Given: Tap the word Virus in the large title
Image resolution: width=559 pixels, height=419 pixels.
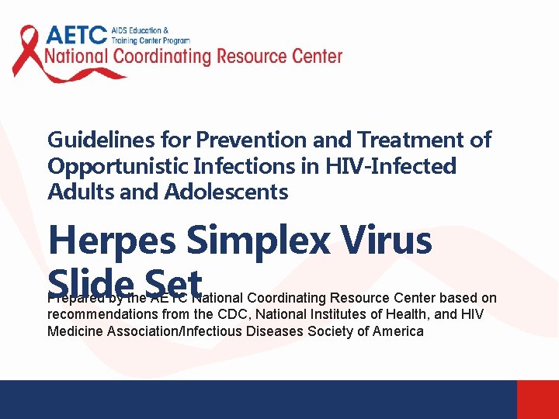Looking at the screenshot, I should coord(391,241).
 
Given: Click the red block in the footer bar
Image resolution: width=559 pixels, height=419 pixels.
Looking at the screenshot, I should coord(537,400).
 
